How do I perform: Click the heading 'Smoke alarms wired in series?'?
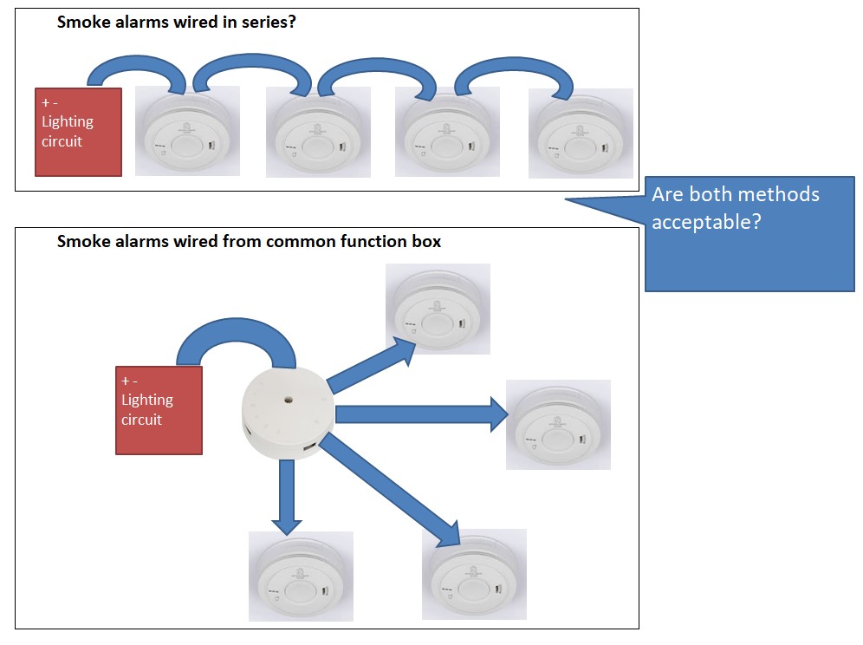coord(177,23)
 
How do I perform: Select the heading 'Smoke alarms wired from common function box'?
coord(249,242)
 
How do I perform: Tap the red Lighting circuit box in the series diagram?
coord(78,132)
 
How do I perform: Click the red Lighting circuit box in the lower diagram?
coord(159,410)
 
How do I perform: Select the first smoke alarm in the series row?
coord(188,131)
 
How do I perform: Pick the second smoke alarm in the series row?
coord(318,132)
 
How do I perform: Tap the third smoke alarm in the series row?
coord(447,132)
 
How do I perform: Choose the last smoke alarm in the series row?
coord(581,132)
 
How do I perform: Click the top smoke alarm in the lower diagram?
coord(438,309)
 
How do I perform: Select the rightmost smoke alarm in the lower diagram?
coord(558,425)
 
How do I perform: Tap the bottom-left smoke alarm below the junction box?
coord(301,576)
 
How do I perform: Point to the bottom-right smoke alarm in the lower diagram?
coord(474,574)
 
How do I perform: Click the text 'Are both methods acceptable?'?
coord(735,208)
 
